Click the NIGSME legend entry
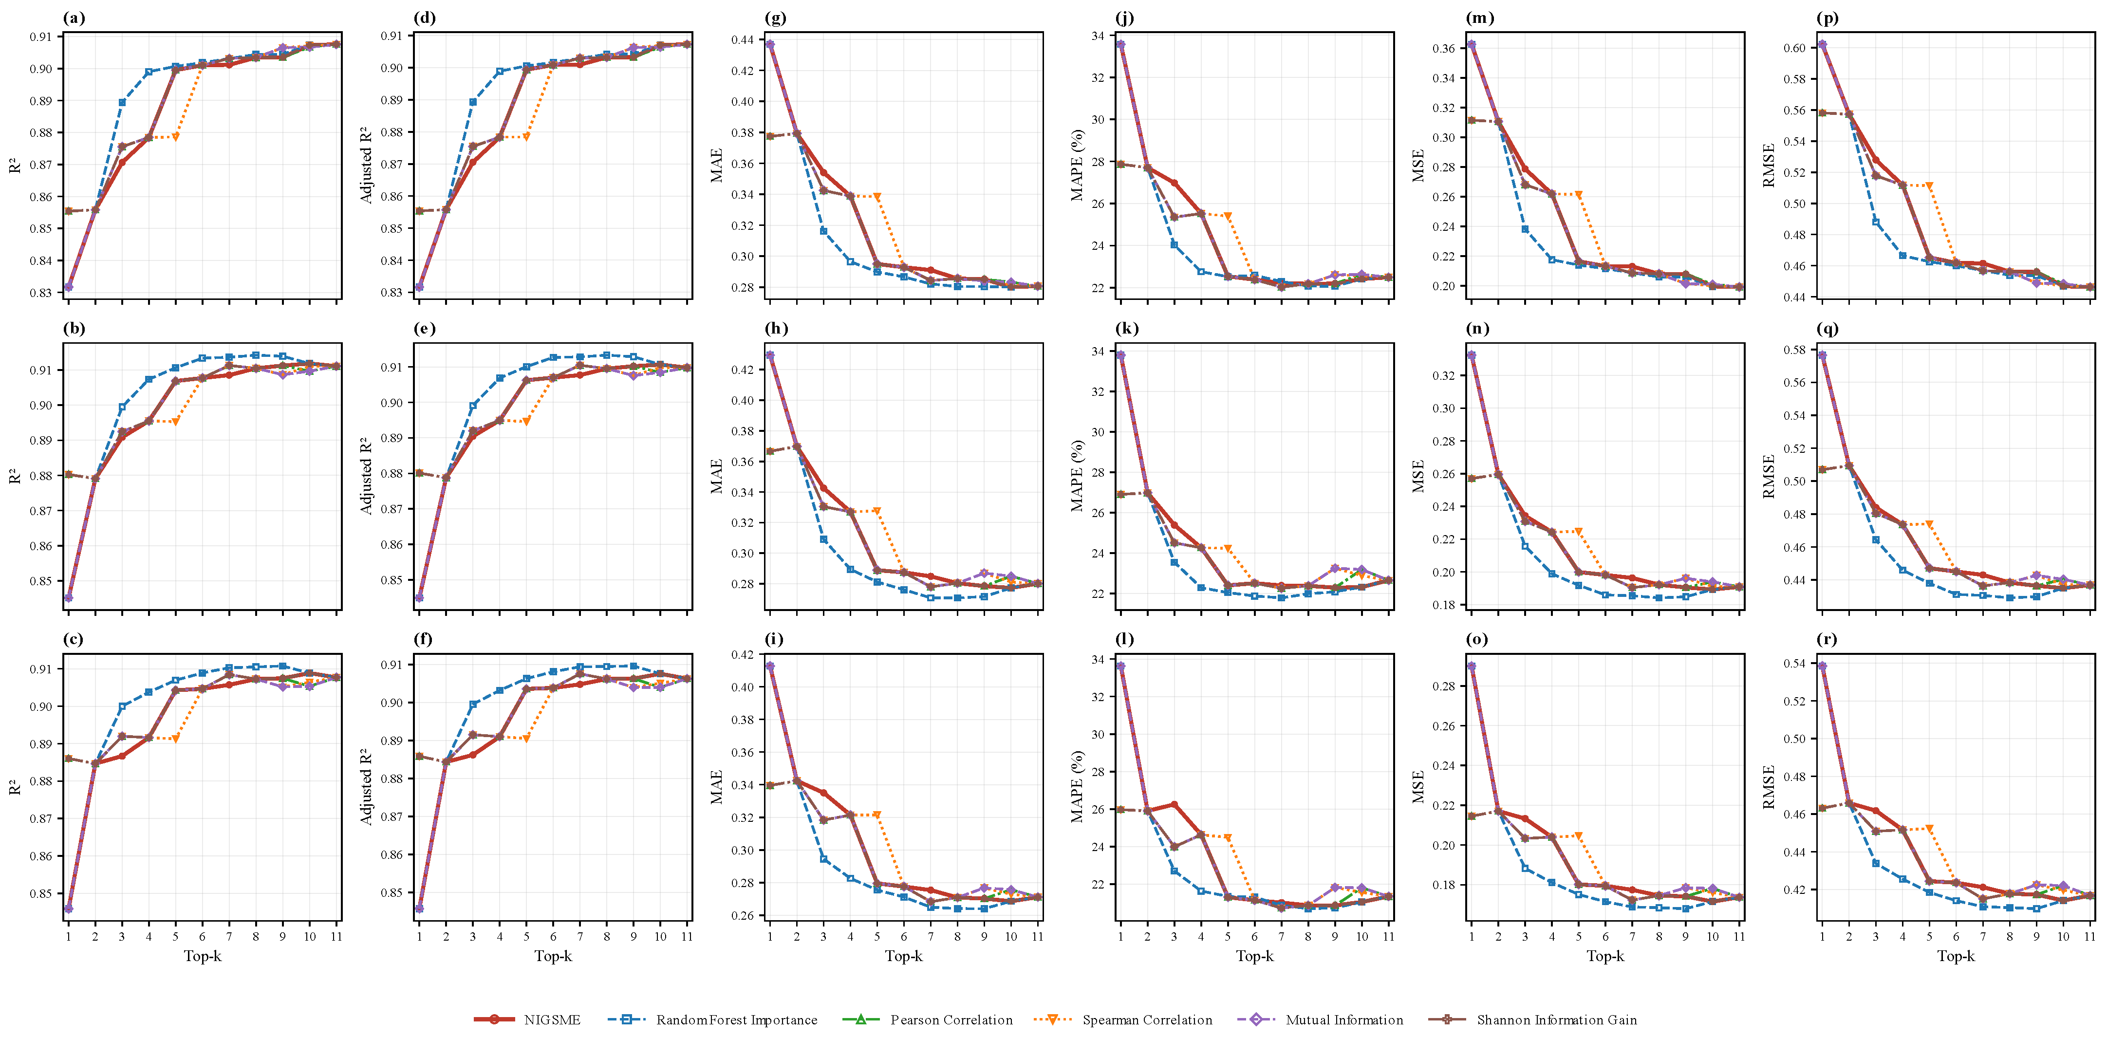[527, 1019]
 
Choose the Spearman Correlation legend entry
[1123, 1019]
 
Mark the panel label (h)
[775, 328]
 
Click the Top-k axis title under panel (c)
[202, 955]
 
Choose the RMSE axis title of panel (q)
[1769, 476]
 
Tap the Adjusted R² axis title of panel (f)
[366, 786]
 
